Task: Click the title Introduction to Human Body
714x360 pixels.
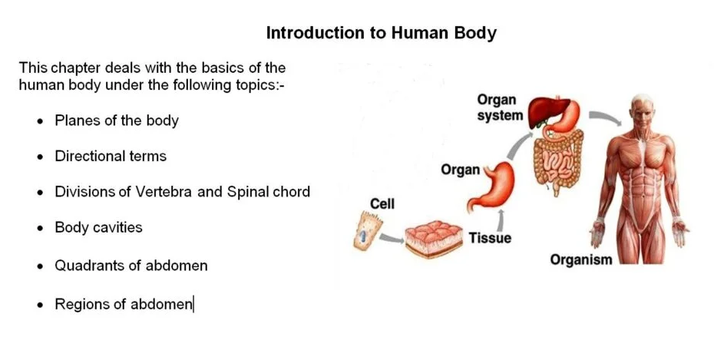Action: pos(381,33)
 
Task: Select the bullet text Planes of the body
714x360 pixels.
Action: pos(117,121)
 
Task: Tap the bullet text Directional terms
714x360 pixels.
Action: pos(111,156)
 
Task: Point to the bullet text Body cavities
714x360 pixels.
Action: pos(98,227)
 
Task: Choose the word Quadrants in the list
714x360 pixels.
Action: pos(84,266)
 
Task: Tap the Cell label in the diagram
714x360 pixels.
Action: pos(382,203)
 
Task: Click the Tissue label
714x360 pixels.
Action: pos(490,238)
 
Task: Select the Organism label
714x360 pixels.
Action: pos(581,259)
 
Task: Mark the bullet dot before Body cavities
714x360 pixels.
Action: pos(39,229)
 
